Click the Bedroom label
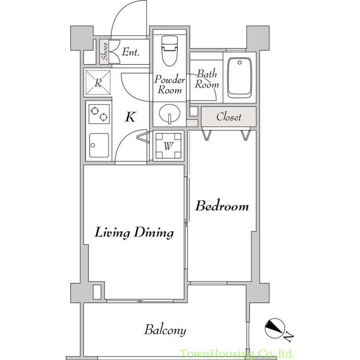pos(222,206)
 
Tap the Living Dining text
pos(133,232)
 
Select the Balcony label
pos(165,330)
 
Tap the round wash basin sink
pos(168,115)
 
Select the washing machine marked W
pos(168,146)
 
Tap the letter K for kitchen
pos(130,118)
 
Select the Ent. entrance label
pos(130,53)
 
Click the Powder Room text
pos(169,84)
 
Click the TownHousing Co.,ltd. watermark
pos(236,354)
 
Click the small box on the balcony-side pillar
pos(96,291)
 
